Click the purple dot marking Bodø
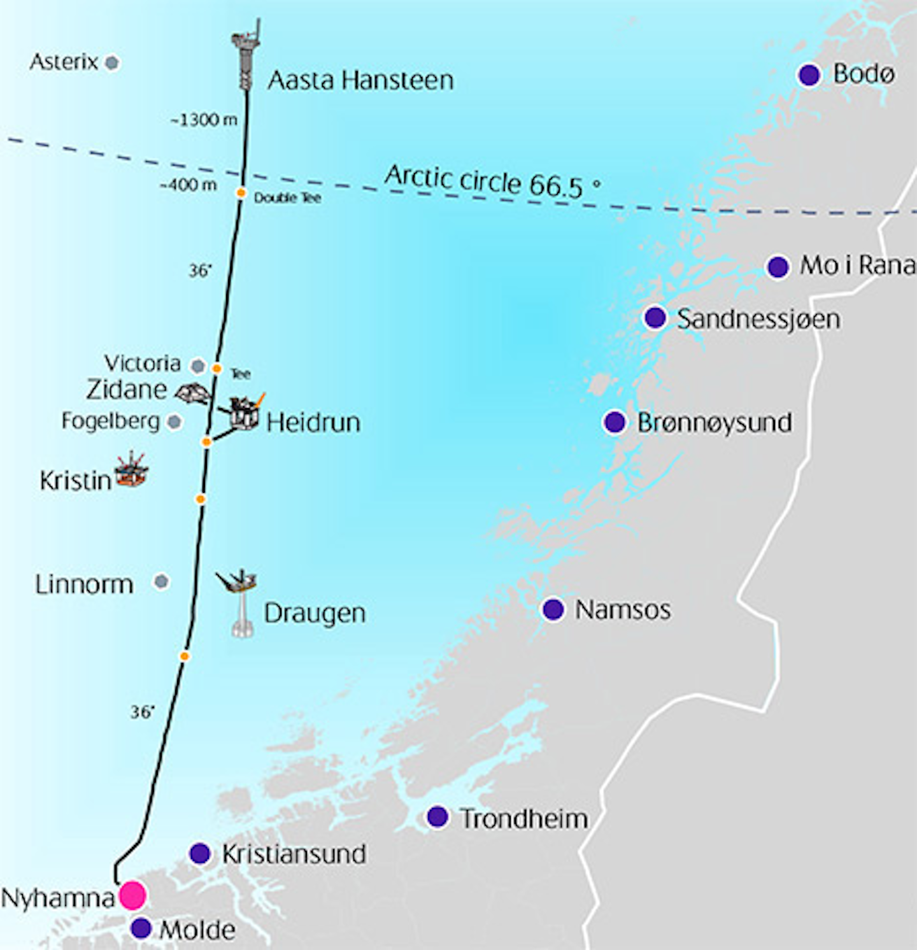point(809,74)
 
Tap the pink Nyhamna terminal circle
point(133,895)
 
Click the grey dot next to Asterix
point(112,63)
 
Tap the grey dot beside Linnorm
point(161,581)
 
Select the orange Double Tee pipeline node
point(241,193)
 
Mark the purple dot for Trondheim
point(437,816)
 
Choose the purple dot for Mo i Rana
point(778,267)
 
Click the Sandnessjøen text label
point(758,319)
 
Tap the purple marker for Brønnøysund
point(614,422)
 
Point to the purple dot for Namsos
point(553,609)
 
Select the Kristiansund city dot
point(200,853)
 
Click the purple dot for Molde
point(141,928)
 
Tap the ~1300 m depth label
point(204,120)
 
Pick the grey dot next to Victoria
point(198,366)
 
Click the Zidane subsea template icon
point(193,393)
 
